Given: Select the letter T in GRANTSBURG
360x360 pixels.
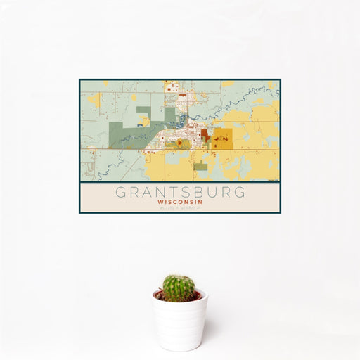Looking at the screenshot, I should [x=169, y=191].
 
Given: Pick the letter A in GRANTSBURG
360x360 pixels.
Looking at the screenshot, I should [x=141, y=191].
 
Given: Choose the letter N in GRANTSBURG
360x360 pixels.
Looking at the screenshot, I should [x=155, y=191].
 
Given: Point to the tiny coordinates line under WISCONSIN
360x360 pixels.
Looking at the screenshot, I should [x=179, y=207].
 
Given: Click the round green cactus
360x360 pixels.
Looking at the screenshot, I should [x=179, y=288].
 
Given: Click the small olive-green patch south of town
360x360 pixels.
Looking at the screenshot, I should [x=200, y=167].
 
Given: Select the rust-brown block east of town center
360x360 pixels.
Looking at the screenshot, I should [x=204, y=134].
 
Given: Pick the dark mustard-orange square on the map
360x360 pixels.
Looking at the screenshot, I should [x=220, y=136].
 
